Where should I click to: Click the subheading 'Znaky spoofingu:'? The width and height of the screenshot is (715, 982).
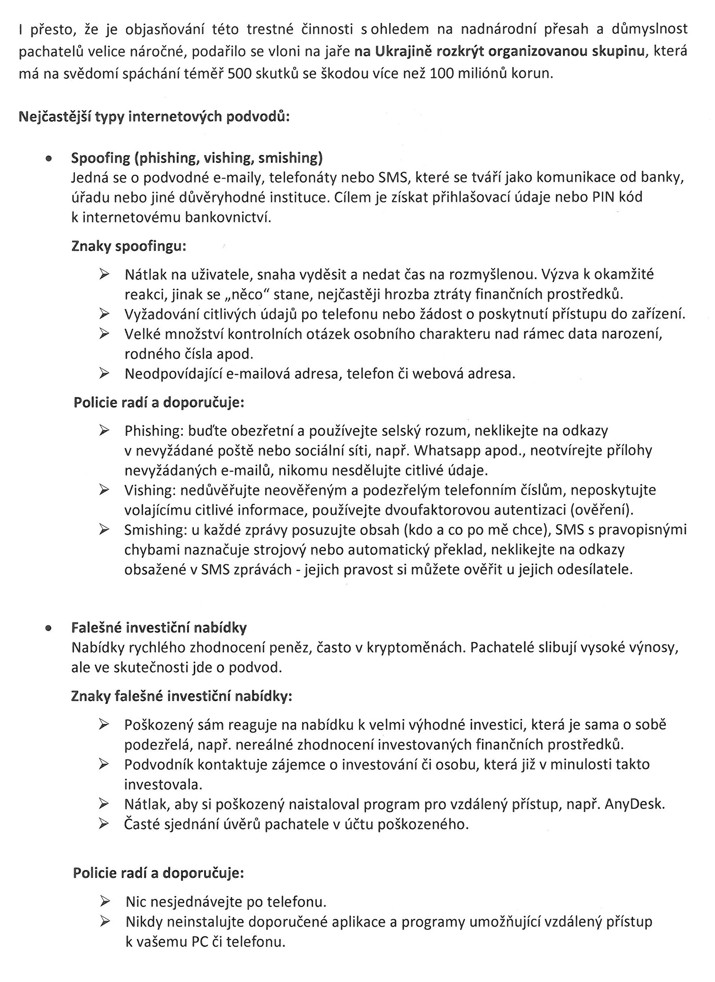129,246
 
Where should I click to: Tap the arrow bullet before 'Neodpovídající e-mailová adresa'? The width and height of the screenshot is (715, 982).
104,373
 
